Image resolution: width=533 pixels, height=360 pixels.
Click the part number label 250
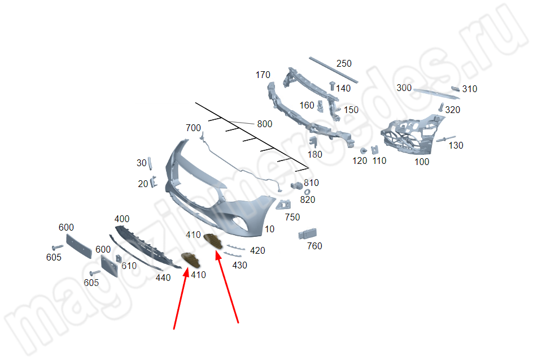tap(344, 64)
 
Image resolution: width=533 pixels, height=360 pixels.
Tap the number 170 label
tap(263, 75)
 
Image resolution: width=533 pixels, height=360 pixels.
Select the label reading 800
tap(264, 124)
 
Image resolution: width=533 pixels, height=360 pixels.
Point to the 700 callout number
tap(193, 128)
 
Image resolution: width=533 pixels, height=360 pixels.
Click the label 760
tap(314, 246)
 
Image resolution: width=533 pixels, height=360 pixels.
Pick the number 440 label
tap(163, 277)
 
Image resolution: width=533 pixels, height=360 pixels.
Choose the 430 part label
tap(239, 265)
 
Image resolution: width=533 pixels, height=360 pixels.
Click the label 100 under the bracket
tap(422, 162)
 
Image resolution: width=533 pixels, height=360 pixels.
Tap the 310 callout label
tap(470, 89)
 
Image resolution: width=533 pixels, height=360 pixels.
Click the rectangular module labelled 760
tap(308, 234)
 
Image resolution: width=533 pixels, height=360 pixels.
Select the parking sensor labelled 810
tap(297, 185)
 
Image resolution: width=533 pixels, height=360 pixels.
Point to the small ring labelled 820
tap(307, 192)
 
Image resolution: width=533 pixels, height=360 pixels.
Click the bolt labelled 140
tap(332, 86)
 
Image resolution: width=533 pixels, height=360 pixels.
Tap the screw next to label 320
tap(441, 107)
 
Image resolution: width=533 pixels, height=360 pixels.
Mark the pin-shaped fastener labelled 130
tap(445, 139)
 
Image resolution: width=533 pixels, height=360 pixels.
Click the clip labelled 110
tap(374, 150)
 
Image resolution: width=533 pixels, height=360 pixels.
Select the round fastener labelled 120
tap(364, 151)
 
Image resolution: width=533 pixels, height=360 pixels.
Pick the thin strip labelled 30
tap(150, 163)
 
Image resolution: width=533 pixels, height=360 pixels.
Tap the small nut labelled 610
tap(119, 259)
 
